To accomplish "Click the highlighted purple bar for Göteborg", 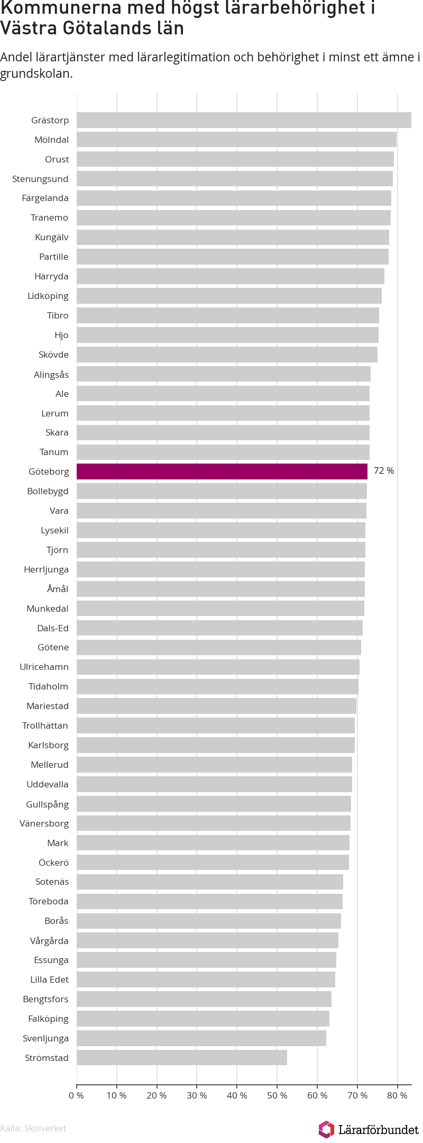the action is tap(222, 471).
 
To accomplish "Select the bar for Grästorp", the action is tap(244, 120).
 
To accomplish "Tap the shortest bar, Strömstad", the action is tap(182, 1057).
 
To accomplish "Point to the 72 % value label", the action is tap(384, 471).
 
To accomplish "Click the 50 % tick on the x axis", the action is tap(277, 1095).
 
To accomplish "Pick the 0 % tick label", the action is tap(77, 1095).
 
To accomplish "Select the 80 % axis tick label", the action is tap(397, 1095).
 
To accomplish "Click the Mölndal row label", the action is tap(52, 140).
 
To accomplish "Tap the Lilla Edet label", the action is tap(49, 979).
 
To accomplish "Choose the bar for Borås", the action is tap(209, 921).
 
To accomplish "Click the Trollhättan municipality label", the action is tap(45, 725).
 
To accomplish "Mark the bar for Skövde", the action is tap(227, 355).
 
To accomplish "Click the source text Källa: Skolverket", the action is tap(33, 1128).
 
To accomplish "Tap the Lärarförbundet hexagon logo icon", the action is tap(326, 1129).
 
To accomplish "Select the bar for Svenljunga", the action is tap(201, 1038).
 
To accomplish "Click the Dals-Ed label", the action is tap(53, 628).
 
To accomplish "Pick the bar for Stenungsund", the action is tap(235, 179).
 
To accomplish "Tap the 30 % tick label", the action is tap(197, 1095).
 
